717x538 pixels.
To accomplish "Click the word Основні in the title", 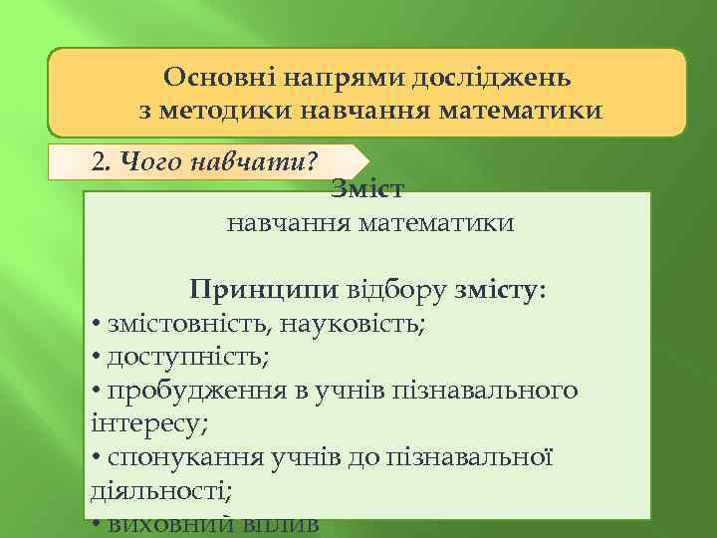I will click(212, 78).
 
